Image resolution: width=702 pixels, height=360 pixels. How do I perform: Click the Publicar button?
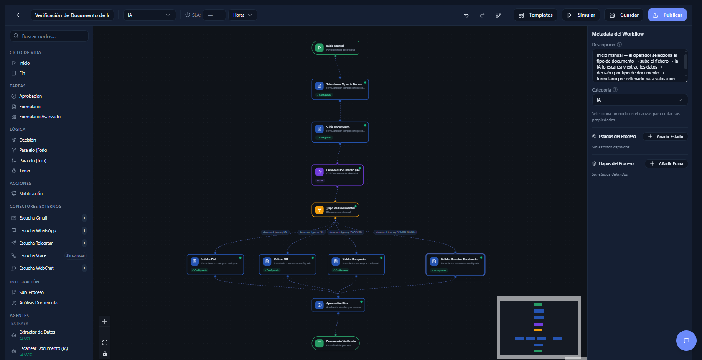[x=667, y=15]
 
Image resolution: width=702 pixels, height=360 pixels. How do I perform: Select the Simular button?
[x=581, y=15]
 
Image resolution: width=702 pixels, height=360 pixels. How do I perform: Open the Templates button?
[x=535, y=15]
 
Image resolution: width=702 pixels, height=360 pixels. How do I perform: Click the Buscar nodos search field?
[x=49, y=36]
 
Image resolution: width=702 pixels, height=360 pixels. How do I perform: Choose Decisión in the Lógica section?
[x=28, y=140]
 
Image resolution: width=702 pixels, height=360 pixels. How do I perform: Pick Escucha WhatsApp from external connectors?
[x=38, y=230]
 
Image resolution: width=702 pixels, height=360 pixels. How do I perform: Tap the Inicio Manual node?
[x=335, y=48]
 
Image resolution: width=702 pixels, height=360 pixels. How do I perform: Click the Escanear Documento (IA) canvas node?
[x=337, y=175]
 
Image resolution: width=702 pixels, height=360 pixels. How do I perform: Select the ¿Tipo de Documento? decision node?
[x=335, y=210]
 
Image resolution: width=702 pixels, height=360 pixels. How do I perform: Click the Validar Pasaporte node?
[x=356, y=264]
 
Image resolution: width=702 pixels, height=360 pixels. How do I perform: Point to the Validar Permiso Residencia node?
[x=455, y=264]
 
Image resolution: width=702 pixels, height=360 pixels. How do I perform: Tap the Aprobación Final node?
[x=338, y=305]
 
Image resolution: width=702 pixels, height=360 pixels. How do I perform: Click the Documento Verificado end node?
[x=336, y=343]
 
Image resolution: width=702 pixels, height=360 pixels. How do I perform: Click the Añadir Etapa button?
[x=666, y=164]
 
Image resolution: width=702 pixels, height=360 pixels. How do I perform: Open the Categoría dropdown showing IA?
[x=639, y=100]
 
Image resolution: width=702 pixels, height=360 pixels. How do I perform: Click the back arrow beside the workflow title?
[x=19, y=15]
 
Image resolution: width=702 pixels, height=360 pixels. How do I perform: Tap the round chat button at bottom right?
[x=686, y=340]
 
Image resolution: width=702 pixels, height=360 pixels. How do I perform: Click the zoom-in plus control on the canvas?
[x=105, y=321]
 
